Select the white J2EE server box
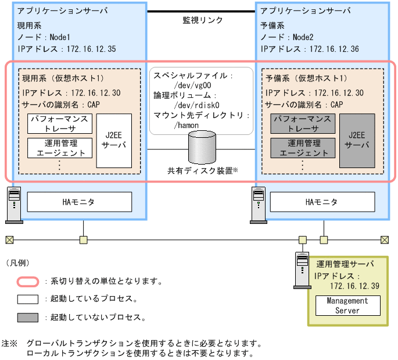114,141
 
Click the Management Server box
347,305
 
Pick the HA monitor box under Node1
79,202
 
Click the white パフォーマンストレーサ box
60,123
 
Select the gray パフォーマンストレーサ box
303,123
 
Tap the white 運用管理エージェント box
60,148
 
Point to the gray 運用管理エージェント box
303,148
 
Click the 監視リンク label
202,20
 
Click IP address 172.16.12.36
334,49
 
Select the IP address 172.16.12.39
354,286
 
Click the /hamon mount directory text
185,124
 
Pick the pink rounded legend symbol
27,281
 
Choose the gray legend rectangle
27,318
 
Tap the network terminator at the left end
9,239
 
